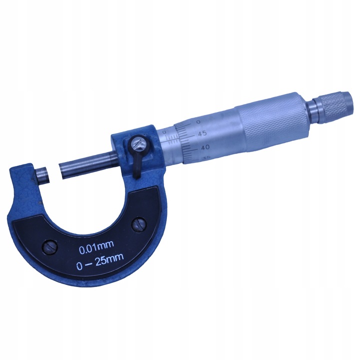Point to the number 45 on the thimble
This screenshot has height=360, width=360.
point(203,133)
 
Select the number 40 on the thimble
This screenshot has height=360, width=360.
point(205,147)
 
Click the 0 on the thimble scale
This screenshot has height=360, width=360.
point(198,121)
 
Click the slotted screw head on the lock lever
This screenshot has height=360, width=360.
point(138,145)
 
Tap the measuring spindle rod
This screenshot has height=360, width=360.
point(87,163)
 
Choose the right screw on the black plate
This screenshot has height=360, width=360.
point(137,223)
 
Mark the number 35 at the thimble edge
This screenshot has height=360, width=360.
point(206,158)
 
